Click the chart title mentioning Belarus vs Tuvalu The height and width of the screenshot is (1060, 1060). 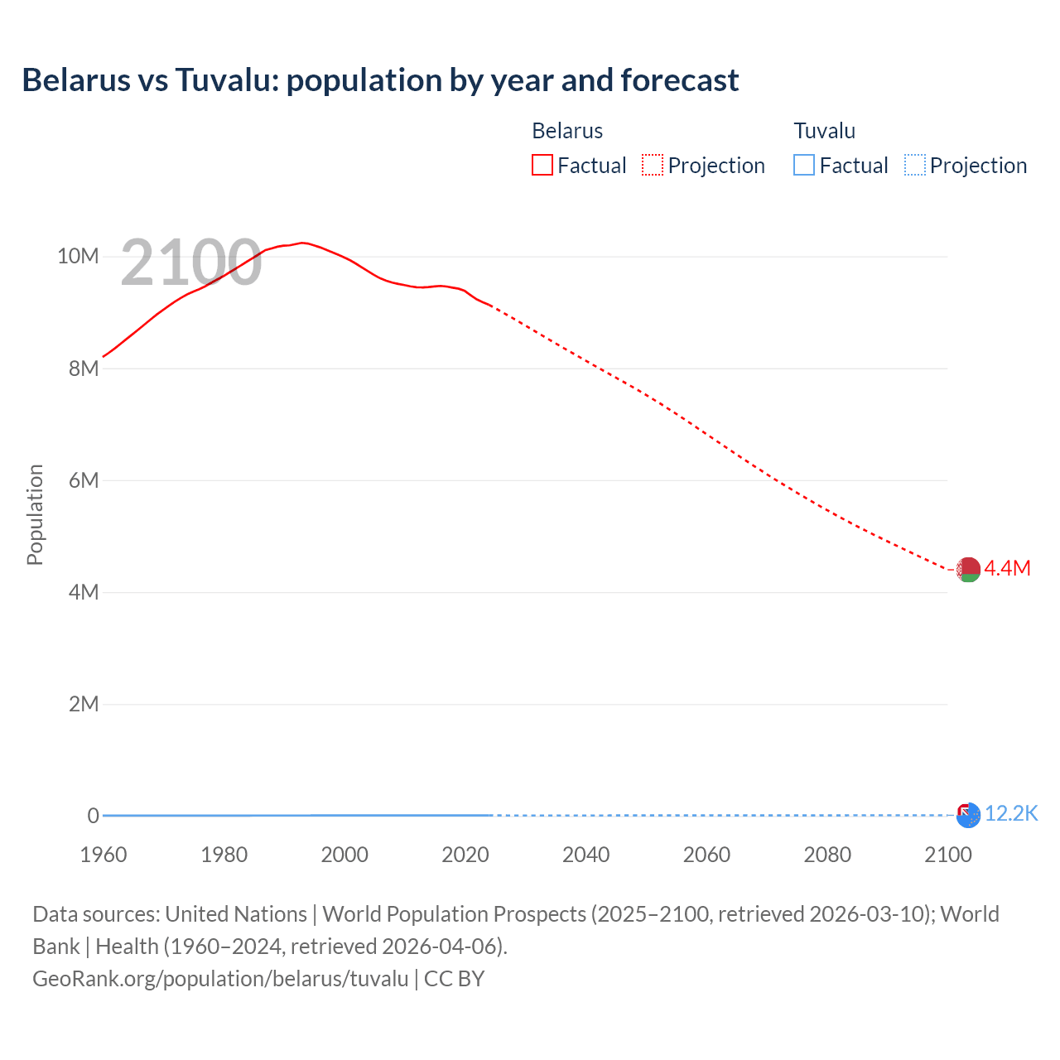point(380,80)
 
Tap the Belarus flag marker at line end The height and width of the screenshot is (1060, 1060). point(968,570)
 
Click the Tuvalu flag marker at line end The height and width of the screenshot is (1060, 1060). point(968,815)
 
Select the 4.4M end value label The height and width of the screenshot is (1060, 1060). point(1007,568)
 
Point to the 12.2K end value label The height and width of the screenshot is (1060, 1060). point(1011,814)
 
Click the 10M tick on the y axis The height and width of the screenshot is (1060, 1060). point(78,256)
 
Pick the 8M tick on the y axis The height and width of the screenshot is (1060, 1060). point(84,369)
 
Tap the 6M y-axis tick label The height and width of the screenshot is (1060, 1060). point(84,480)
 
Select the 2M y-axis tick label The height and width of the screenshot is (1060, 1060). point(84,704)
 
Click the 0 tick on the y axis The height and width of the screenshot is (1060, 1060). point(93,816)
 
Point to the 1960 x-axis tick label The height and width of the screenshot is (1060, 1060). point(104,855)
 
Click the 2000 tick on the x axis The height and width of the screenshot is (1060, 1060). point(344,855)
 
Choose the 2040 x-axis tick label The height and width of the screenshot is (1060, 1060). point(585,855)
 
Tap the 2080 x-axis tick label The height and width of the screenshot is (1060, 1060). point(827,855)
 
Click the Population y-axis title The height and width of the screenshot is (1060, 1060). point(35,514)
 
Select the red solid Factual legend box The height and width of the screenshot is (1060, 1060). point(542,165)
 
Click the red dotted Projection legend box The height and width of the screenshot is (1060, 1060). point(653,165)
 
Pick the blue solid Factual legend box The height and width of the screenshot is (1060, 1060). point(804,165)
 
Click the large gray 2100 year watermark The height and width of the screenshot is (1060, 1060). point(191,263)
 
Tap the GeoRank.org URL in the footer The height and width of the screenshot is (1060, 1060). point(220,979)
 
